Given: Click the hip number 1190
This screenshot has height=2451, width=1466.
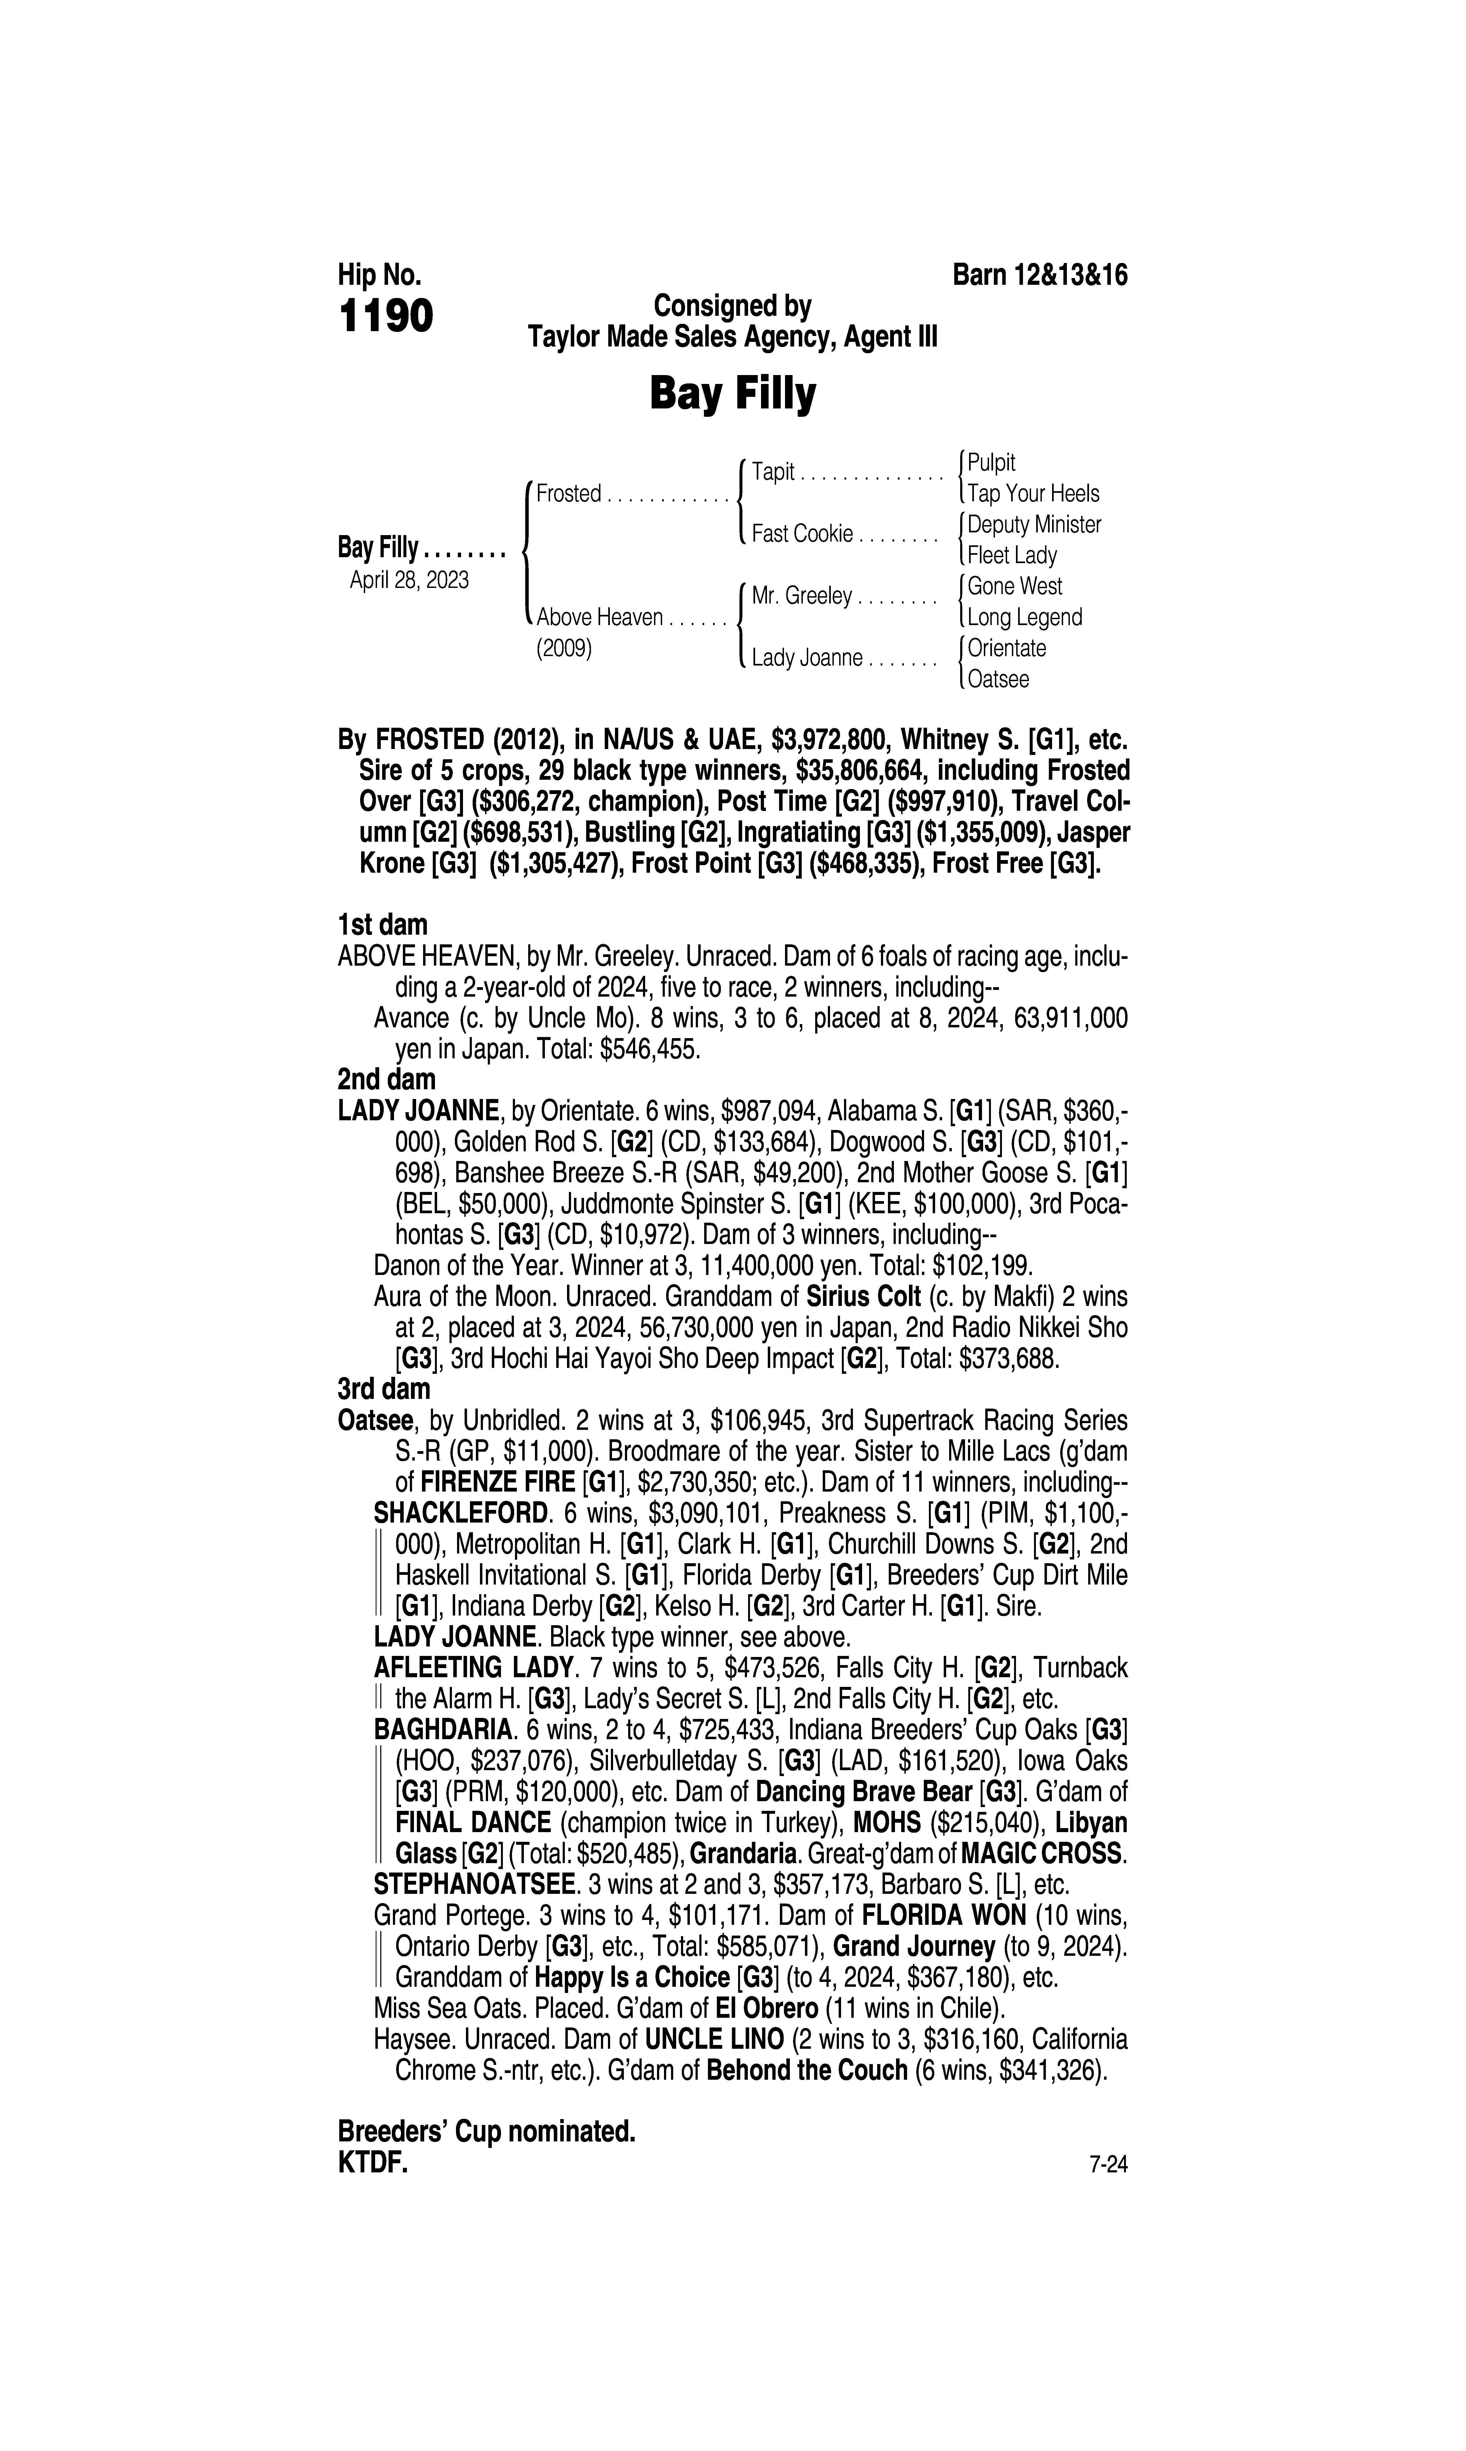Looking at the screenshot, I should tap(385, 317).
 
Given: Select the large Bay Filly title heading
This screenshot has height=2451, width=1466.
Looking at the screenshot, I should tap(732, 394).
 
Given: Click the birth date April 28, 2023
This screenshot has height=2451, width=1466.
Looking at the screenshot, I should tap(409, 580).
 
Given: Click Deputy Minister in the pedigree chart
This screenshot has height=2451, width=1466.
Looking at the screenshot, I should tap(1033, 524).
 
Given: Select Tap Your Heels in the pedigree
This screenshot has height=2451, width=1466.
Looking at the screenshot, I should tap(1032, 494).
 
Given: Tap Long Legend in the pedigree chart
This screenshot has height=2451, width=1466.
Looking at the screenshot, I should tap(1024, 617).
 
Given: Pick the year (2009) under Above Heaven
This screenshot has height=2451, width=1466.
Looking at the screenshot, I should tap(564, 649).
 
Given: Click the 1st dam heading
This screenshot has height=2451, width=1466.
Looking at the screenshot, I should tap(382, 925).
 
